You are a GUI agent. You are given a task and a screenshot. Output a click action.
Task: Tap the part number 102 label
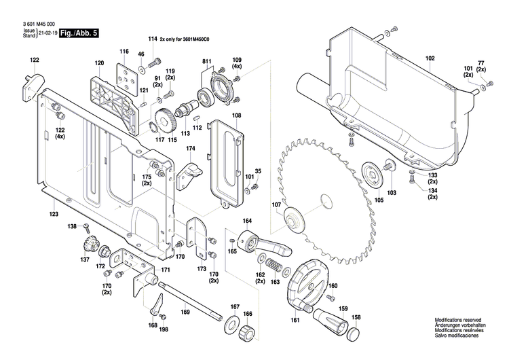point(430,60)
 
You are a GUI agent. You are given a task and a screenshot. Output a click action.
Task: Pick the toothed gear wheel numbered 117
point(165,120)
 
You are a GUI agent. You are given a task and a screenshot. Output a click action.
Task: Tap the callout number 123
point(54,214)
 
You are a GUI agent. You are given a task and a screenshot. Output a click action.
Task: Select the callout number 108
point(236,116)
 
